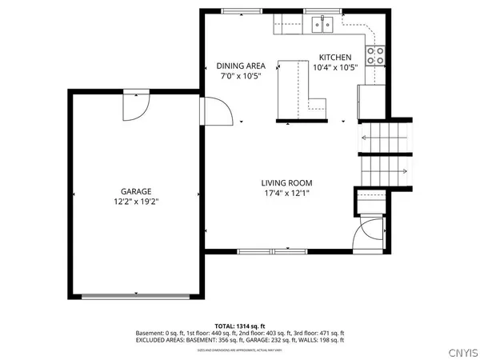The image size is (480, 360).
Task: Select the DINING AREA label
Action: click(241, 66)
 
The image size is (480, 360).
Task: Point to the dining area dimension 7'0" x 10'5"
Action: click(241, 78)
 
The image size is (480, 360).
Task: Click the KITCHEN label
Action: click(334, 58)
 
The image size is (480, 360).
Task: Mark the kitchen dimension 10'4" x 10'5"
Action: click(334, 69)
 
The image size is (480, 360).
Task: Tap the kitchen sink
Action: click(322, 24)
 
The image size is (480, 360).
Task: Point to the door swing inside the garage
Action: click(137, 106)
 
